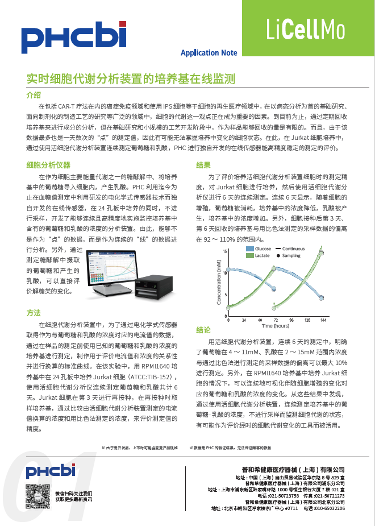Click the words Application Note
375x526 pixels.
[x=209, y=53]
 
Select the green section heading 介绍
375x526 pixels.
[x=34, y=94]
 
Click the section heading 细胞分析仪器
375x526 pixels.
[x=48, y=165]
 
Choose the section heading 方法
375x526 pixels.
[x=34, y=313]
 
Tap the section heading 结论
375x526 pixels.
[x=203, y=330]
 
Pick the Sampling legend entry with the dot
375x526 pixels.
[x=290, y=256]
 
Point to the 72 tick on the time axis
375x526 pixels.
[x=276, y=320]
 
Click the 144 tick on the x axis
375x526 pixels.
[x=323, y=320]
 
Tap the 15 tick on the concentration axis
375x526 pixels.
[x=225, y=251]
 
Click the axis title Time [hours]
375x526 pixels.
[x=276, y=326]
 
